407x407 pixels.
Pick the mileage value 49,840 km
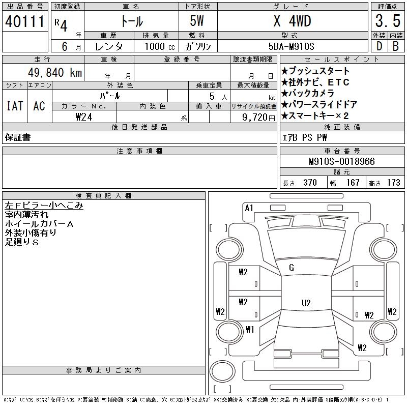tap(53, 72)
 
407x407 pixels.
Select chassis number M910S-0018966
tap(341, 161)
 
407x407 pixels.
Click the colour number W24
tap(84, 117)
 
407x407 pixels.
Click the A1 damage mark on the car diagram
tap(249, 208)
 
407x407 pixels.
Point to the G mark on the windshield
tap(292, 268)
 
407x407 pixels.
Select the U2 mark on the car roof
tap(306, 303)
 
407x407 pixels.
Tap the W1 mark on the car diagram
tap(249, 329)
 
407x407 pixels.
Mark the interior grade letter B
tap(395, 46)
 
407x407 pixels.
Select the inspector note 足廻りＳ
tap(22, 243)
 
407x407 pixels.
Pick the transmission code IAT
tap(15, 106)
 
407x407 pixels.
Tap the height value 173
tap(393, 183)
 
